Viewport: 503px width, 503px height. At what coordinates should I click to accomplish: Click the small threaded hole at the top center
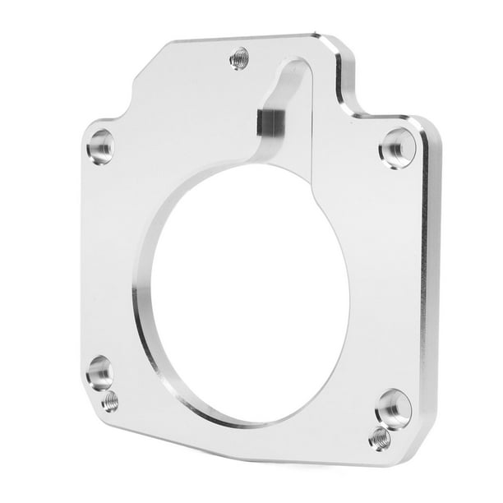coord(239,58)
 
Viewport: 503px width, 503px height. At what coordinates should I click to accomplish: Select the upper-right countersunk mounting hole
coord(397,148)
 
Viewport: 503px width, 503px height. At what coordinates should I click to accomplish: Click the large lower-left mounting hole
coord(99,371)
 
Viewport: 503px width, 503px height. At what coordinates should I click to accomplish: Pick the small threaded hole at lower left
coord(109,401)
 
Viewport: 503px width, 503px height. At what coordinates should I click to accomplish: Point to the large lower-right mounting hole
coord(394,408)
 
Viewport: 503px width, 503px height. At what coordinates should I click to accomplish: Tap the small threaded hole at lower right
coord(380,438)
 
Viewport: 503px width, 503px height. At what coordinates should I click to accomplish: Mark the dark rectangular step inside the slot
coord(270,123)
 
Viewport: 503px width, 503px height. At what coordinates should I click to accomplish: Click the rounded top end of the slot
coord(296,66)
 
